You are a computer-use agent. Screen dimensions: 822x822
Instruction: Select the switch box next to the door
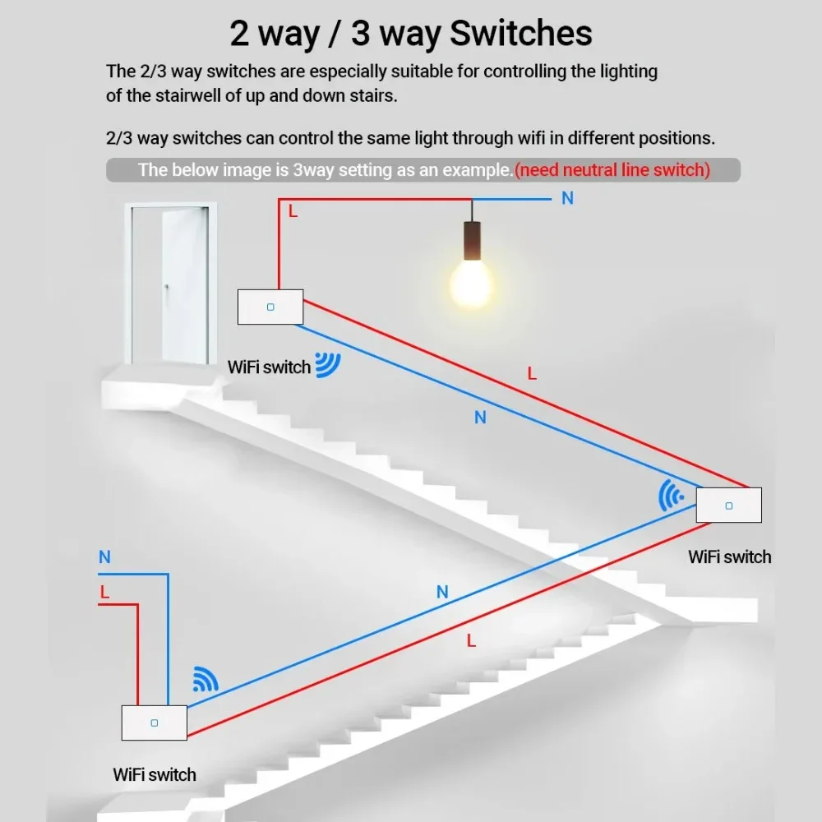pos(270,307)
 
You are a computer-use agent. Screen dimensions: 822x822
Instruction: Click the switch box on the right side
pos(728,505)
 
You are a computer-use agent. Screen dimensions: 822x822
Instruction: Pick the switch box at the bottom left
pos(154,723)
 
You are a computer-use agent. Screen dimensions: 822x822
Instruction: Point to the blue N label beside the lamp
pos(567,198)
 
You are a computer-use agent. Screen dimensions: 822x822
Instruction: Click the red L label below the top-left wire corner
pos(293,212)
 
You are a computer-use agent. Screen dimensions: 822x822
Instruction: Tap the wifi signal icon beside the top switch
pos(329,365)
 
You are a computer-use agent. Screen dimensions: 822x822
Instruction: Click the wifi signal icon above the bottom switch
pos(205,678)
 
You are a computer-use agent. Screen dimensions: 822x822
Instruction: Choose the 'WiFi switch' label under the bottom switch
pos(155,774)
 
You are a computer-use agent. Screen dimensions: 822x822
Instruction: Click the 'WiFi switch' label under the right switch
pos(730,556)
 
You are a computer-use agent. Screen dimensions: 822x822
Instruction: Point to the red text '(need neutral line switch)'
pos(612,170)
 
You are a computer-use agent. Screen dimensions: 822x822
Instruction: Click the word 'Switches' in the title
pos(521,34)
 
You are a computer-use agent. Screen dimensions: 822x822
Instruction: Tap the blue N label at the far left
pos(104,557)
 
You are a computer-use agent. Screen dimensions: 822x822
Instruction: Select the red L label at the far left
pos(104,592)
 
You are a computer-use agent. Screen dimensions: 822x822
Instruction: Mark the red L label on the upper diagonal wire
pos(532,373)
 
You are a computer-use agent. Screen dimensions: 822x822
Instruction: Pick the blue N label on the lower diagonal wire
pos(442,592)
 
